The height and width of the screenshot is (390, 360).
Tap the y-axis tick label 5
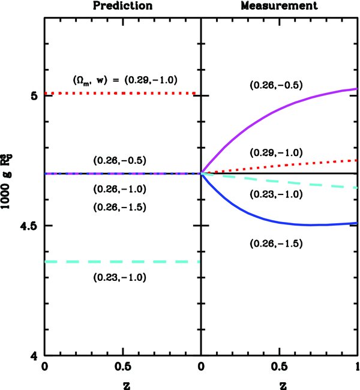(34, 95)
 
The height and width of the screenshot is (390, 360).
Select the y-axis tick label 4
(34, 356)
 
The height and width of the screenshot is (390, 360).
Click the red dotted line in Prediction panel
(120, 94)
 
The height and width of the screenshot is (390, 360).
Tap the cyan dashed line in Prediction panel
(120, 262)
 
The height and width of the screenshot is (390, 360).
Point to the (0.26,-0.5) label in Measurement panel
(275, 85)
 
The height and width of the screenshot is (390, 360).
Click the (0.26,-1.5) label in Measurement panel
(275, 243)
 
